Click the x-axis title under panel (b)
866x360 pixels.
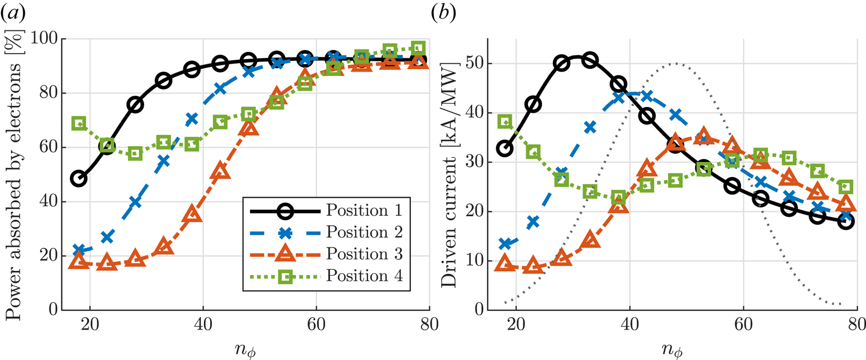[x=672, y=346]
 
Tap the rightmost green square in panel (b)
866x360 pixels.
[x=846, y=186]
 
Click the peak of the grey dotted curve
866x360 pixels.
[x=675, y=64]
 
